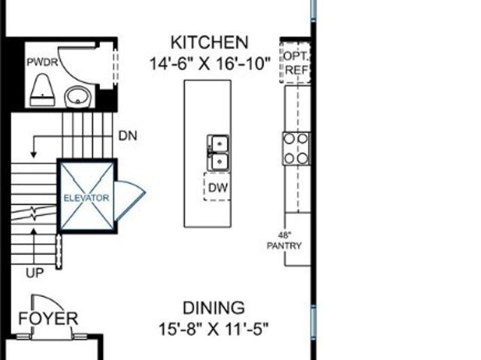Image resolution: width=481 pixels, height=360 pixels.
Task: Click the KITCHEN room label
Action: pos(209,42)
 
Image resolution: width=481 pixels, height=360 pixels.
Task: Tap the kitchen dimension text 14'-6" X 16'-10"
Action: pos(210,64)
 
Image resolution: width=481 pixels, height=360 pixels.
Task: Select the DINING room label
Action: pos(213,308)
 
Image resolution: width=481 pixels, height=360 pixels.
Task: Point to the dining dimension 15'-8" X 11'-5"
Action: pos(213,330)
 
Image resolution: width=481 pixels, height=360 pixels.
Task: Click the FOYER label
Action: pos(48,319)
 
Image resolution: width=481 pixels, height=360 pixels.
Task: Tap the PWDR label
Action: pos(42,62)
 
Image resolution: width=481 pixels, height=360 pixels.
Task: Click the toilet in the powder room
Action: pos(42,90)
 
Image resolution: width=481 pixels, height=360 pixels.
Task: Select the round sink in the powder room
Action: pos(77,97)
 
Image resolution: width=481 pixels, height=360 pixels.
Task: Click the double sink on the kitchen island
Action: pos(218,153)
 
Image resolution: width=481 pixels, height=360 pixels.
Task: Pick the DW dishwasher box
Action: pos(217,186)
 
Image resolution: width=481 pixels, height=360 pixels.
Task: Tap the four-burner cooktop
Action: pos(296,149)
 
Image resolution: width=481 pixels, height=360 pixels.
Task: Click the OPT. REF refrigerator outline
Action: pos(295,62)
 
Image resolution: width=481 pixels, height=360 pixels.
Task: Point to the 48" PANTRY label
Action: pos(284,241)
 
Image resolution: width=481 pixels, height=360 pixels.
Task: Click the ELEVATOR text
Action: pos(86,198)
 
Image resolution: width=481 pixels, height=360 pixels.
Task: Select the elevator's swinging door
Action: pos(129,200)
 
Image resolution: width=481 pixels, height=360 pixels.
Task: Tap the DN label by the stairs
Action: pos(128,136)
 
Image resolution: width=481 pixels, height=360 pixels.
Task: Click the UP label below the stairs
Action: pos(35,273)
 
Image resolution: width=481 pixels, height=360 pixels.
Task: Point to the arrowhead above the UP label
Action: pos(34,231)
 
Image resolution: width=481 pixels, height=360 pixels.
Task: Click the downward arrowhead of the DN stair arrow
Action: pos(34,155)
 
